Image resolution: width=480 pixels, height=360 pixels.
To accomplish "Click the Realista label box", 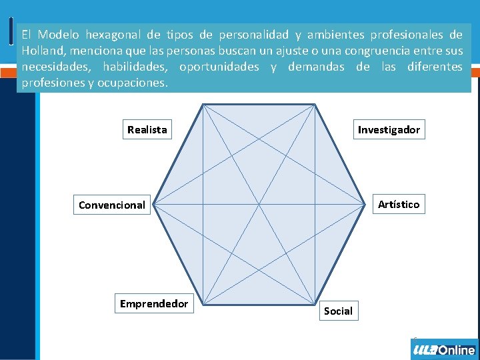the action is point(147,129).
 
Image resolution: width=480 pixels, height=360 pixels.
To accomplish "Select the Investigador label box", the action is point(389,129).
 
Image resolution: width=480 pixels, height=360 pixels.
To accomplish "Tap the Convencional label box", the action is point(111,205).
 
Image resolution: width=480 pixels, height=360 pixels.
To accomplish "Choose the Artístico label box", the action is point(399,204).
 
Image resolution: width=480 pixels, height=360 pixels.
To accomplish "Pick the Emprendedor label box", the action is point(154,304).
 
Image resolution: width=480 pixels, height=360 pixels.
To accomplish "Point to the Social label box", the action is point(338,311).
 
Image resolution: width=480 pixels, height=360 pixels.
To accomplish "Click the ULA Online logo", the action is point(444,349).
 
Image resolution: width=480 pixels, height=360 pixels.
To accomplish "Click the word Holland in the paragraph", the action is point(41,51).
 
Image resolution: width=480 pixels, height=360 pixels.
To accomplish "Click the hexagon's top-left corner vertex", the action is point(203,104).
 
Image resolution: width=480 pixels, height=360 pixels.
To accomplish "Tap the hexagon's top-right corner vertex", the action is point(315,104).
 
